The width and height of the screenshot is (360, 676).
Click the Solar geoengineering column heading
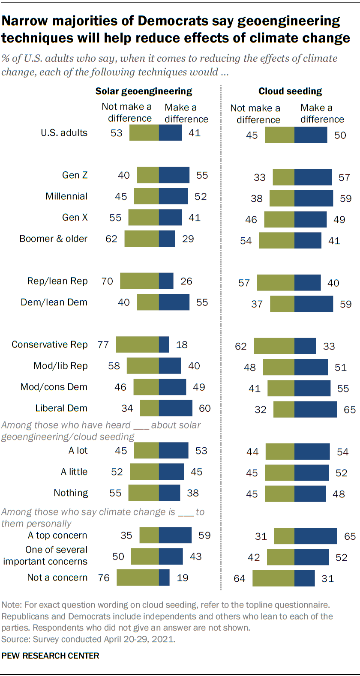click(x=144, y=91)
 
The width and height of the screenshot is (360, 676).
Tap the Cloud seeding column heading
click(x=290, y=91)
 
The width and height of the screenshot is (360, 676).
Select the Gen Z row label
click(x=75, y=175)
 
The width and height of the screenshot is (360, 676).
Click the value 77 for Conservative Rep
click(x=103, y=345)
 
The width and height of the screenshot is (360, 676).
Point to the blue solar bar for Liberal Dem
click(x=176, y=408)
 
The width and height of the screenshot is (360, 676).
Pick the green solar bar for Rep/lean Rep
click(x=139, y=281)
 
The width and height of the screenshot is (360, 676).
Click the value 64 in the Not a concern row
click(x=240, y=579)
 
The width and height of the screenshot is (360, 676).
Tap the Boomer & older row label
click(x=54, y=239)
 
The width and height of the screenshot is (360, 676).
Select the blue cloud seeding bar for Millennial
click(x=314, y=198)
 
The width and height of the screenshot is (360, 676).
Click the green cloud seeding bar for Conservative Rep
click(x=274, y=346)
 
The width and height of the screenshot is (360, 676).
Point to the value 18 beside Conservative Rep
click(x=182, y=345)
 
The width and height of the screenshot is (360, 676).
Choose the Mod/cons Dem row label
click(x=54, y=387)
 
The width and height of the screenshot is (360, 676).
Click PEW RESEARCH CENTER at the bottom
click(x=50, y=656)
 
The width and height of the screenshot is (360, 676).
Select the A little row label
click(x=74, y=472)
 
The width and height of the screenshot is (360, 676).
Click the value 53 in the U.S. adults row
click(x=117, y=133)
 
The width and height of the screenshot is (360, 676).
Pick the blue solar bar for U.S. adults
click(x=171, y=133)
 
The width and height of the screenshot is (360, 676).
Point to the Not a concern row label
click(x=57, y=577)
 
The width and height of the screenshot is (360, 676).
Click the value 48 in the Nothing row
click(x=339, y=494)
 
